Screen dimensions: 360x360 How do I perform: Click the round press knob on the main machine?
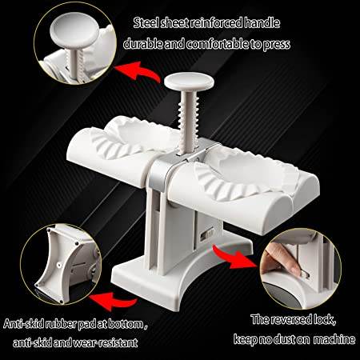coord(182,82)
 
